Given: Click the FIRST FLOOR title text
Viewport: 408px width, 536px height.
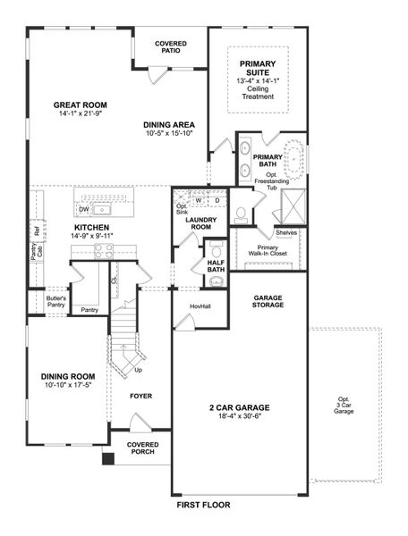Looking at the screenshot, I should [x=203, y=505].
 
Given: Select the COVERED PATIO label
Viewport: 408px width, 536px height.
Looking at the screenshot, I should [x=170, y=46].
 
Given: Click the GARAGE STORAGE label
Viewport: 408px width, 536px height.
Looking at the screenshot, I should [x=268, y=301].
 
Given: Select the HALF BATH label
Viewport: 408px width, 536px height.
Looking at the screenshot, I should [x=216, y=265].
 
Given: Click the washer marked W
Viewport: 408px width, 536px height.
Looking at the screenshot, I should [x=199, y=200].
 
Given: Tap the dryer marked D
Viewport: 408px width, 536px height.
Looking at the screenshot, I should [x=217, y=200].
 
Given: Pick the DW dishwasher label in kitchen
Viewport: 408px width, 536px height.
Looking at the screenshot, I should [x=83, y=210].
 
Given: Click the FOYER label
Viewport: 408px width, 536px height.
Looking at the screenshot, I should [x=140, y=395].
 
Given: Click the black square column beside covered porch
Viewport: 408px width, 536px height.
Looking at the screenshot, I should [x=107, y=459].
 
